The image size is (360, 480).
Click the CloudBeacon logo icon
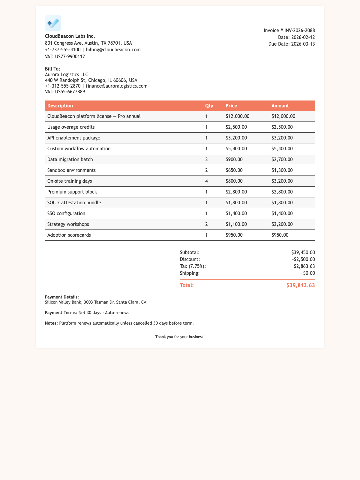pyautogui.click(x=53, y=23)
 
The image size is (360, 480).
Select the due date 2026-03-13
pyautogui.click(x=303, y=44)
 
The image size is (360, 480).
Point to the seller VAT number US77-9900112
pyautogui.click(x=70, y=56)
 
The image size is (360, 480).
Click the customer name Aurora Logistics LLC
pyautogui.click(x=66, y=74)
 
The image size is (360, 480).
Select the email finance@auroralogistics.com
pyautogui.click(x=116, y=86)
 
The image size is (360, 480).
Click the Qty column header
pyautogui.click(x=209, y=106)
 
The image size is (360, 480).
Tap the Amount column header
pyautogui.click(x=280, y=106)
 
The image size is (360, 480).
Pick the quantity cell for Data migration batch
pyautogui.click(x=206, y=159)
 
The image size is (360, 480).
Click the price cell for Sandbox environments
pyautogui.click(x=234, y=170)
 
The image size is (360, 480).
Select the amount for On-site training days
pyautogui.click(x=282, y=181)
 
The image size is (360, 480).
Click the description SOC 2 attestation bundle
pyautogui.click(x=74, y=202)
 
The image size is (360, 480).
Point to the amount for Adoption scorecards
pyautogui.click(x=280, y=235)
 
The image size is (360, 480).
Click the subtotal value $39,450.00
pyautogui.click(x=303, y=253)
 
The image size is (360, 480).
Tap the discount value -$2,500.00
pyautogui.click(x=303, y=259)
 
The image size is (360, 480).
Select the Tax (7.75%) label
pyautogui.click(x=193, y=266)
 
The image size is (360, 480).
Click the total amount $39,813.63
pyautogui.click(x=301, y=285)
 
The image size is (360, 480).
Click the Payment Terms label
pyautogui.click(x=61, y=313)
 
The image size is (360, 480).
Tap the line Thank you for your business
pyautogui.click(x=180, y=337)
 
